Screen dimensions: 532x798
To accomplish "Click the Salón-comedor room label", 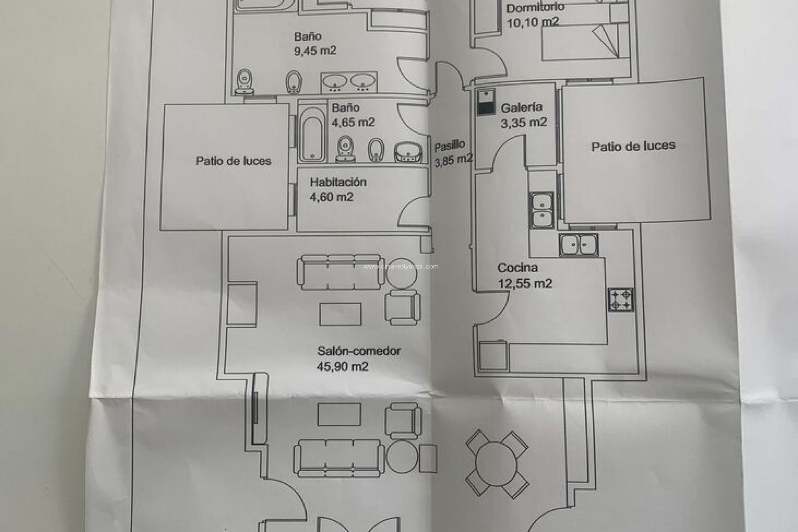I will pos(359,351).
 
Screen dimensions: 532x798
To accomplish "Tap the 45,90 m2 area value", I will pos(342,367).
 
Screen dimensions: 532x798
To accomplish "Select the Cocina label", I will pos(517,268).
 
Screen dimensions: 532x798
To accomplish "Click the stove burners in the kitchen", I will pos(621,300).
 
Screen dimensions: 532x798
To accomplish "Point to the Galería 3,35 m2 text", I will pos(523,115).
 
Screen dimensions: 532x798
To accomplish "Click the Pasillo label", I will pos(449,146).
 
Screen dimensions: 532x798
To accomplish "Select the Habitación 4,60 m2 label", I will pos(337,189).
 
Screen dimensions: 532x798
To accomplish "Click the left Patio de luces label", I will pos(233,161).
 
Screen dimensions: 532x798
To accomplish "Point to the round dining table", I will pos(497,463).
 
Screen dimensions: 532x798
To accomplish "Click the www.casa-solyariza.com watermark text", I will pos(401,267).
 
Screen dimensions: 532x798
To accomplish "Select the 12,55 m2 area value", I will pos(525,284).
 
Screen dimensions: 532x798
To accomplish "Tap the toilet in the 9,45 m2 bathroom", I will pos(245,81).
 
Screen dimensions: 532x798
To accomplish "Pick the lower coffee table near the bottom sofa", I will pos(339,414).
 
